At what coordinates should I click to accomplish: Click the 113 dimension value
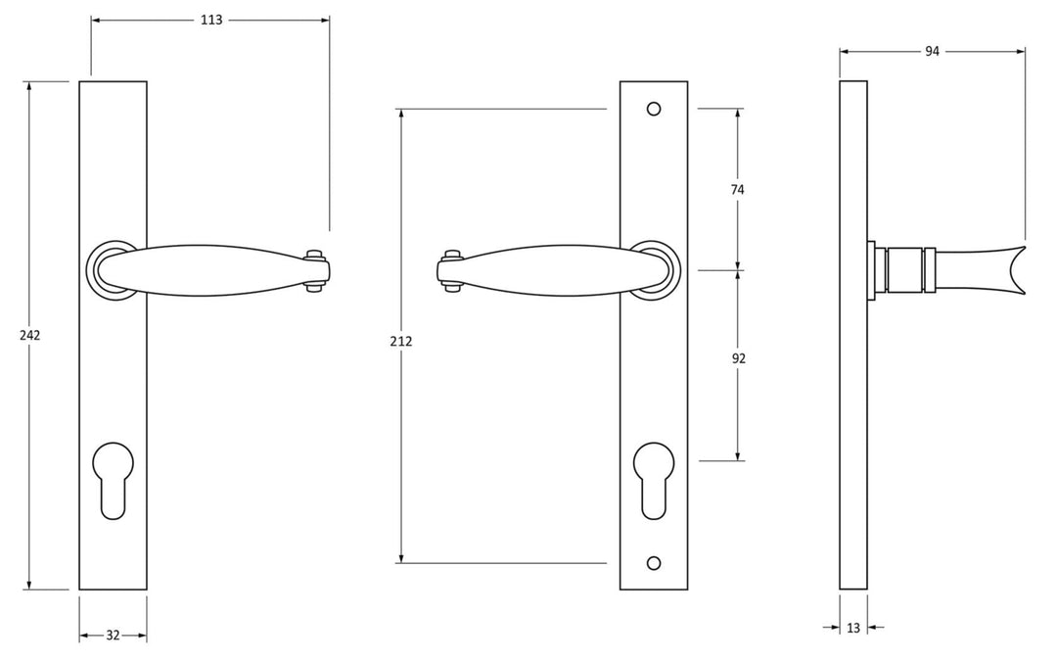pos(210,20)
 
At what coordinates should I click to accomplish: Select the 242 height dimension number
pos(29,335)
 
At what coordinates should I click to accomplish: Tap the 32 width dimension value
pos(113,636)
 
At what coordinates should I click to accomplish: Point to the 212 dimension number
pos(400,341)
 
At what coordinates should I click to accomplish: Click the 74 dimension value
pos(738,190)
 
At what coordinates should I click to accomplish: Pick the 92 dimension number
pos(738,358)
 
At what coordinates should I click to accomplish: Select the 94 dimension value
pos(932,52)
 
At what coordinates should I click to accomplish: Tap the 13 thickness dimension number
pos(853,628)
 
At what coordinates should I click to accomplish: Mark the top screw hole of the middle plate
pos(654,108)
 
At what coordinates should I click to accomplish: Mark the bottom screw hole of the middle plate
pos(654,562)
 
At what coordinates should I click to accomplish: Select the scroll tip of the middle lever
pos(450,270)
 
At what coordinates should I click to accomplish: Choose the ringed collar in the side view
pos(904,269)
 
